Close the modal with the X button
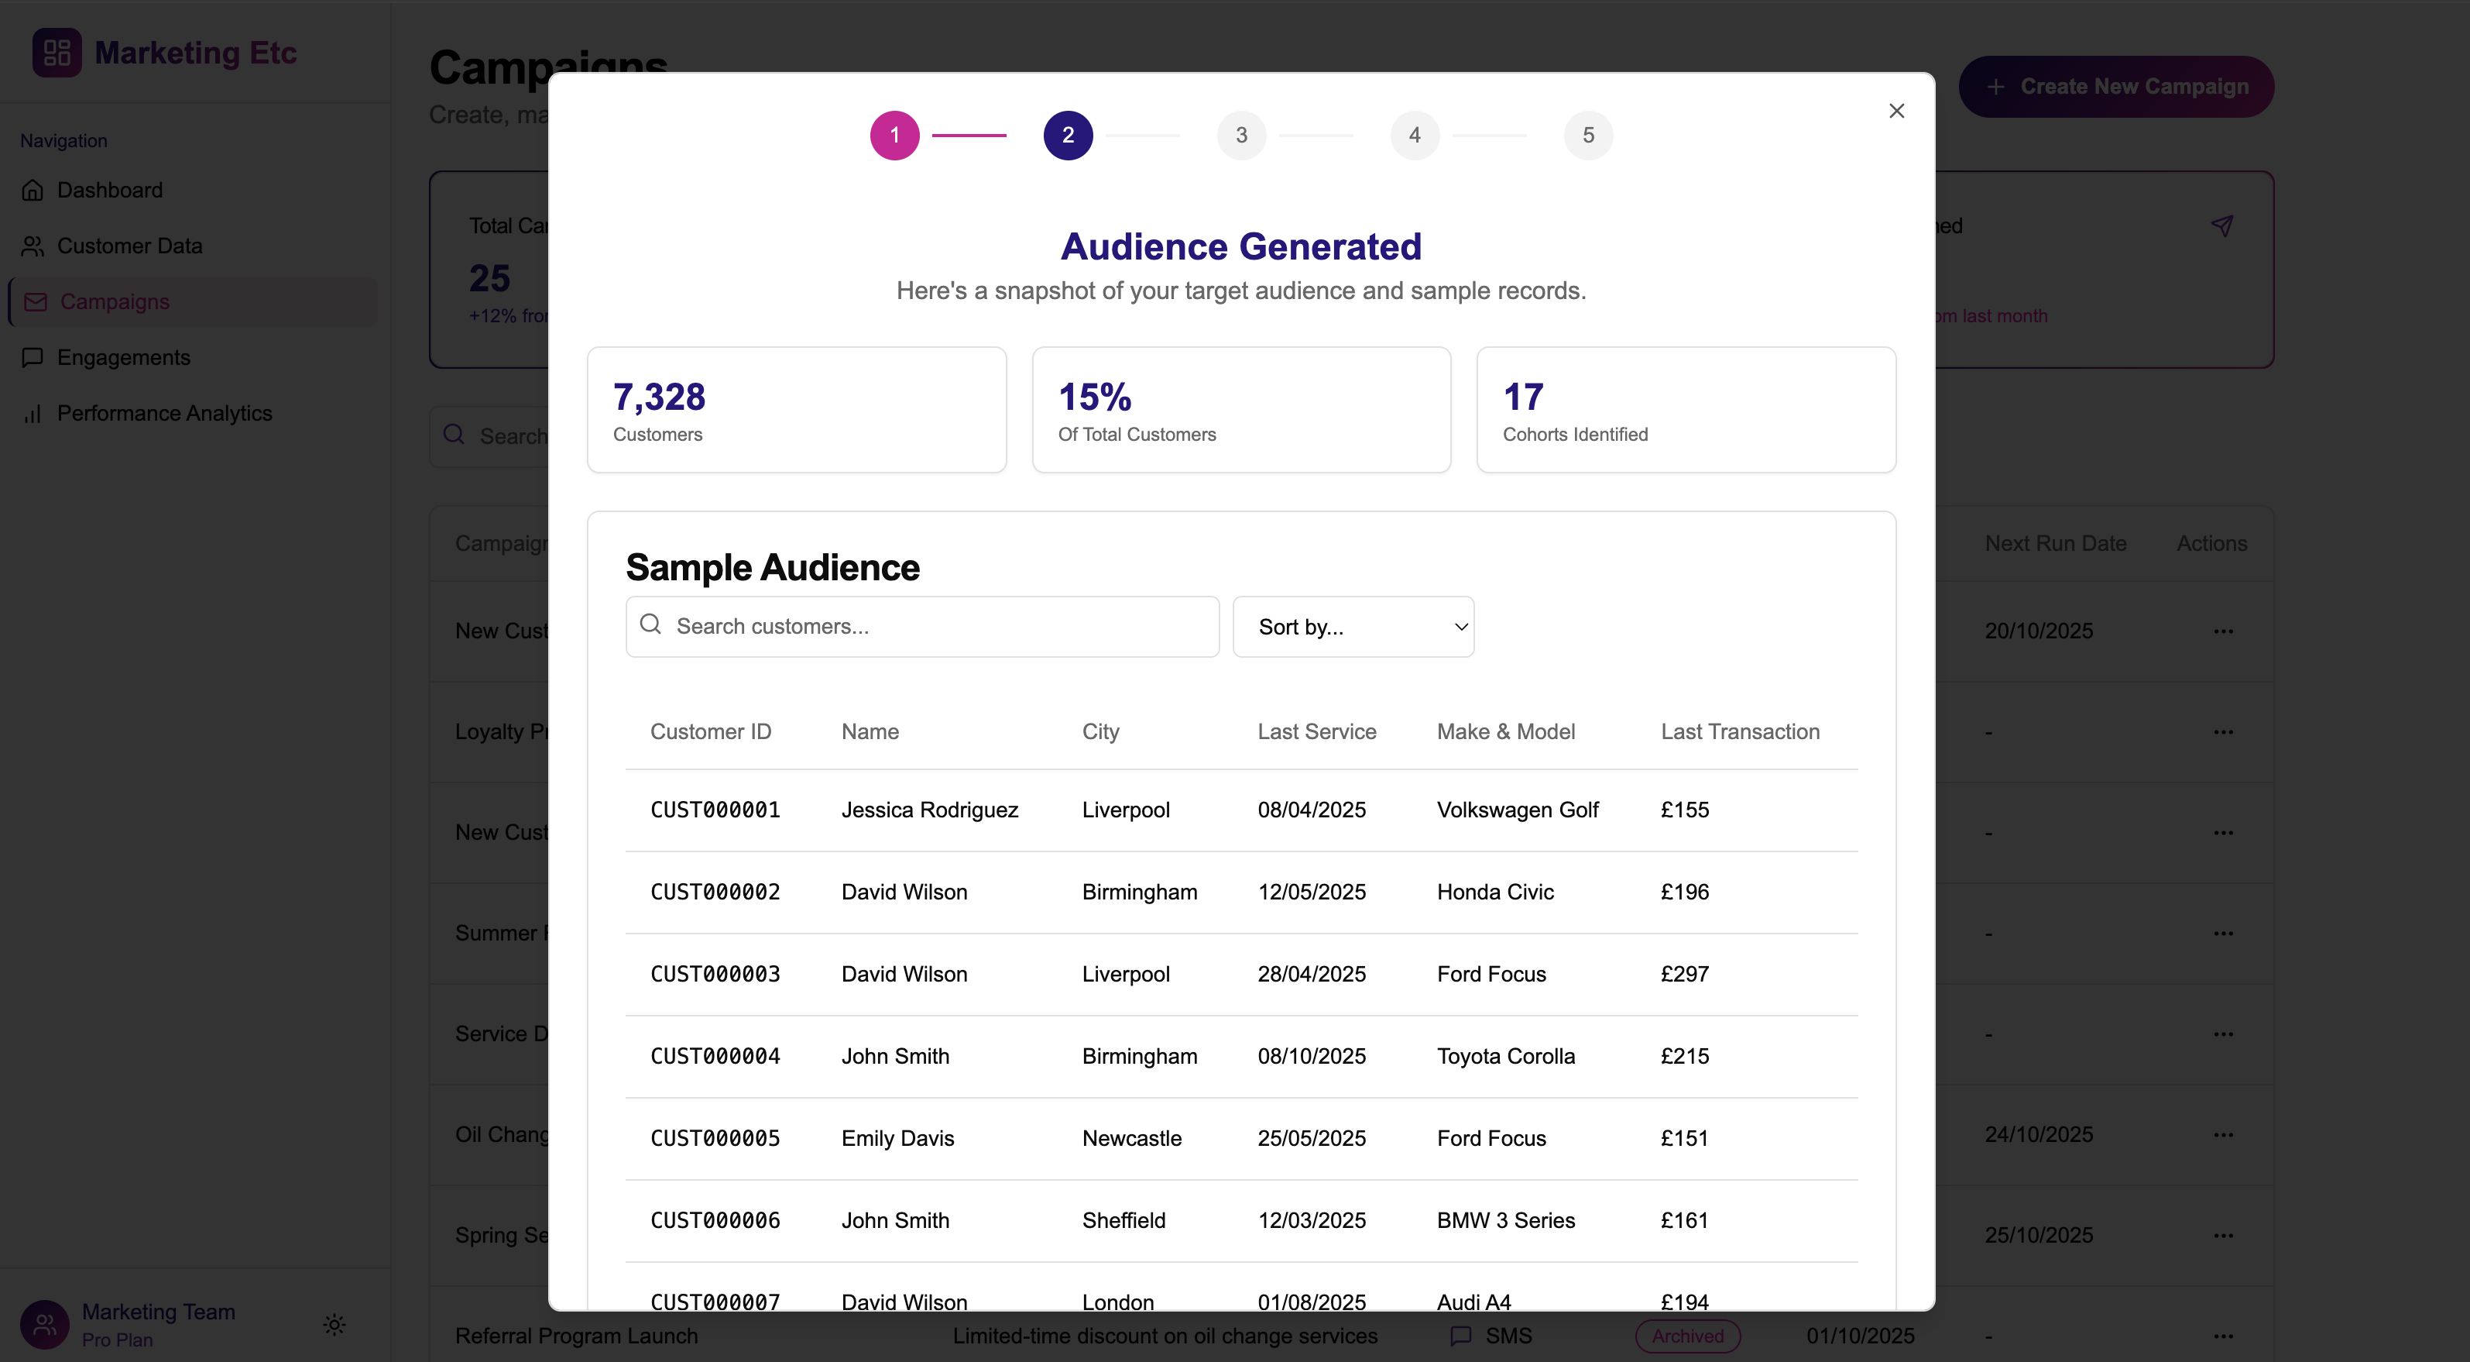coord(1895,112)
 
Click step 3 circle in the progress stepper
coord(1240,136)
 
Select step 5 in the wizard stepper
coord(1588,136)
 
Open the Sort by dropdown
coord(1352,626)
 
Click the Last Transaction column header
coord(1739,732)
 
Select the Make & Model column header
coord(1505,732)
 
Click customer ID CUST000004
coord(715,1056)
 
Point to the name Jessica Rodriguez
coord(929,810)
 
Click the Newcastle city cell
coord(1131,1139)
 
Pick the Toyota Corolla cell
coord(1505,1056)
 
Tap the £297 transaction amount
coord(1685,974)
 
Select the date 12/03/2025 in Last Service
coord(1312,1220)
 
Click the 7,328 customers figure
coord(659,397)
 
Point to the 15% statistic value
coord(1094,397)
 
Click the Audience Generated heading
coord(1240,246)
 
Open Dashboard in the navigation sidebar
coord(109,190)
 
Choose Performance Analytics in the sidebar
coord(164,414)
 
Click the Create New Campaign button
coord(2115,86)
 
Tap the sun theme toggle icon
coord(334,1325)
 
